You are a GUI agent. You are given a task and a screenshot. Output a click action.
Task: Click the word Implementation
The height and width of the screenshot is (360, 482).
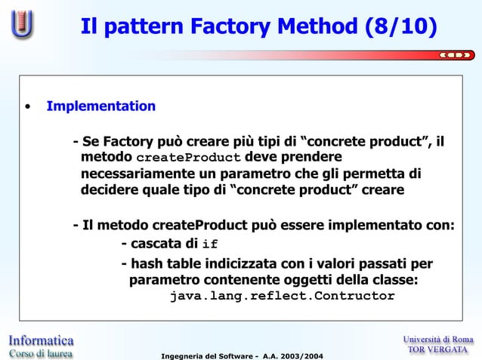(101, 106)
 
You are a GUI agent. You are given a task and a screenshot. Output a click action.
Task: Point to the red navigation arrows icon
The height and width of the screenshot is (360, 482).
(456, 54)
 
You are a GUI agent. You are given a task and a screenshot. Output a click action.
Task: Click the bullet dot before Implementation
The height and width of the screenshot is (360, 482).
(27, 106)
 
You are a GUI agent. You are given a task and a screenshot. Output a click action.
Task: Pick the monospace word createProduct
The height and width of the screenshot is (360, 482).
(189, 158)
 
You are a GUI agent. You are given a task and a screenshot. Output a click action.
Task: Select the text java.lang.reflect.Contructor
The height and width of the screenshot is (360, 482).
(282, 296)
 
